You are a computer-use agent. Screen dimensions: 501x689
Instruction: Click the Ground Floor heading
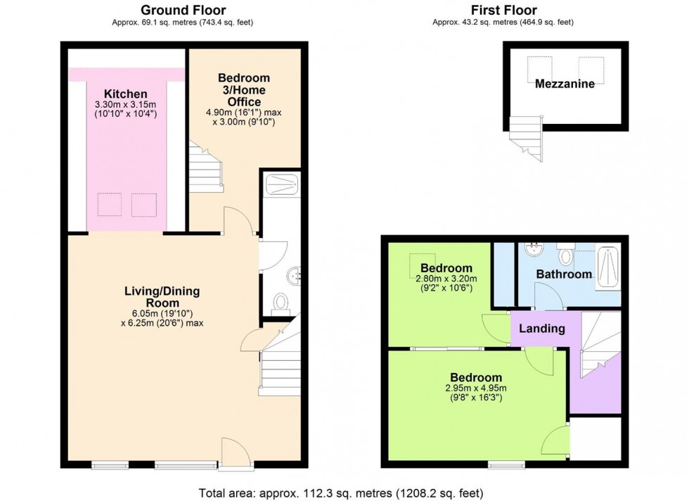tap(183, 10)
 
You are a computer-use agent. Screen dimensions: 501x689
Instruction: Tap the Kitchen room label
tap(125, 94)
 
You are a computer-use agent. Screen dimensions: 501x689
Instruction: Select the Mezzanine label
tap(565, 84)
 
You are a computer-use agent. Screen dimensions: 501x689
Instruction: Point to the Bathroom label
tap(564, 274)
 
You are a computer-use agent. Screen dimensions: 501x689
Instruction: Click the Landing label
tap(541, 329)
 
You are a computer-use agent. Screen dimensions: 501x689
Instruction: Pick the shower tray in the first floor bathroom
tap(608, 269)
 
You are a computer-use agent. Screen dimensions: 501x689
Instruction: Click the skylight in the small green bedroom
tap(423, 265)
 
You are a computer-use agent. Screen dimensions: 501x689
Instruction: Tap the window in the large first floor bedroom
tap(506, 464)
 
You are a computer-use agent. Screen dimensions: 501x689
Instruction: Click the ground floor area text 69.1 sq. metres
tap(183, 23)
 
